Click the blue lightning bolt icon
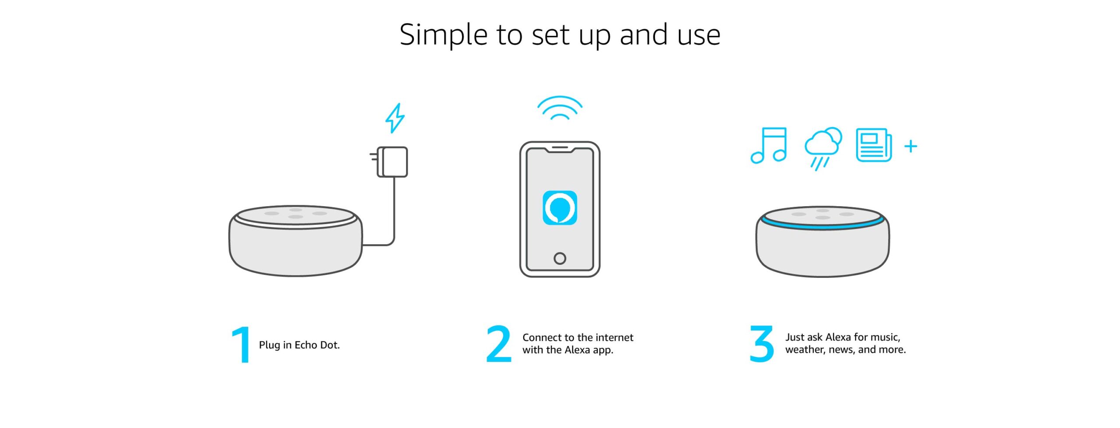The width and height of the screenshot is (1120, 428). pyautogui.click(x=395, y=118)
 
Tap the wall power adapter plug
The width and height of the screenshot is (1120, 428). pyautogui.click(x=389, y=162)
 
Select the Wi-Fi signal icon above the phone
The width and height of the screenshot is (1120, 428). pyautogui.click(x=560, y=108)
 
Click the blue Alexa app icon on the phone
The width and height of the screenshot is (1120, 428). pyautogui.click(x=560, y=208)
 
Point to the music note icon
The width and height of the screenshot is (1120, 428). pyautogui.click(x=769, y=145)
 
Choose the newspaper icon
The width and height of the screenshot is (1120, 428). pyautogui.click(x=874, y=145)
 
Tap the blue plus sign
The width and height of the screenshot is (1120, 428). pyautogui.click(x=911, y=146)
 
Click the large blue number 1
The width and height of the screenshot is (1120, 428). pyautogui.click(x=241, y=344)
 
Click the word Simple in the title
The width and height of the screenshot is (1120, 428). pyautogui.click(x=444, y=35)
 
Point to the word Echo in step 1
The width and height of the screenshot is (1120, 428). pyautogui.click(x=306, y=345)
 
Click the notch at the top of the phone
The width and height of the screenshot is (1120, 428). pyautogui.click(x=560, y=150)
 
